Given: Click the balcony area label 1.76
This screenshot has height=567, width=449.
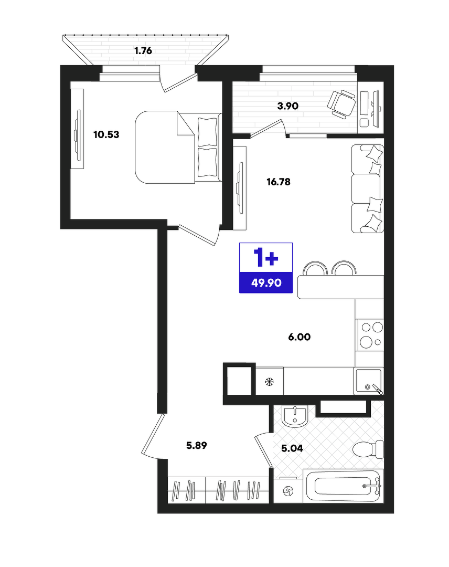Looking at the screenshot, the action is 143,50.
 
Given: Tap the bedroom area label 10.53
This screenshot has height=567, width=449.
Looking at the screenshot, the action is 106,134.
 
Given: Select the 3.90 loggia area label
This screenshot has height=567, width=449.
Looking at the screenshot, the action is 287,106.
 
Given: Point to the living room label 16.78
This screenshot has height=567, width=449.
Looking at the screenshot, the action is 279,182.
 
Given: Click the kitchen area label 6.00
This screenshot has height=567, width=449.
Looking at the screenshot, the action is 300,337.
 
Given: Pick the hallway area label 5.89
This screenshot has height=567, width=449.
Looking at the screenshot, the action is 197,446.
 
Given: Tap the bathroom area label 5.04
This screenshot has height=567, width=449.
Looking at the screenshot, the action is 292,448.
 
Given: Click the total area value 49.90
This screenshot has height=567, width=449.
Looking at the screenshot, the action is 266,283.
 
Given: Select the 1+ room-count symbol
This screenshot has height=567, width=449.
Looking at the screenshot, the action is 266,257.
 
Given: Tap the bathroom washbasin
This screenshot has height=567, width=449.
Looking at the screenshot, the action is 295,416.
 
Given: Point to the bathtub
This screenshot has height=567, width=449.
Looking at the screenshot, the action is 344,486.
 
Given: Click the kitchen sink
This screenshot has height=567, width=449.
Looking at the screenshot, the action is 368,381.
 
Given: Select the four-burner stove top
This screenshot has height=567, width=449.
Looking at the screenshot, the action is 370,335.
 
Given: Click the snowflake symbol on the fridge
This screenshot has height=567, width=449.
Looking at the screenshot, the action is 270,382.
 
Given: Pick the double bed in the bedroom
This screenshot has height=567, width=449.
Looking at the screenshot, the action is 178,147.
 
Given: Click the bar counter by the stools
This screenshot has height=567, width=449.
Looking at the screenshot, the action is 340,287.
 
